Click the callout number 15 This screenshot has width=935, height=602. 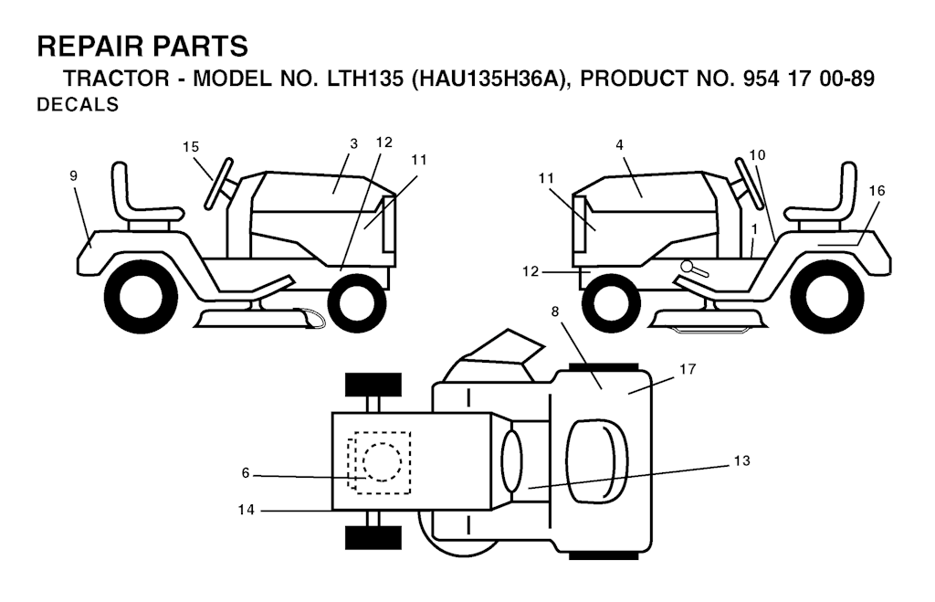click(191, 147)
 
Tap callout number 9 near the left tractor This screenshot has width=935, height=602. click(73, 175)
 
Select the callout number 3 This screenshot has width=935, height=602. click(353, 143)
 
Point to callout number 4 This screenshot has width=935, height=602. click(620, 145)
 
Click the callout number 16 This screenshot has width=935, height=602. click(877, 191)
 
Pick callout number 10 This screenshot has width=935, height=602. click(757, 155)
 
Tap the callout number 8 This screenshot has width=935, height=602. click(555, 312)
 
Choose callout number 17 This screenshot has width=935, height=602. click(688, 369)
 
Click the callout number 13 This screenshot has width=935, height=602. click(741, 460)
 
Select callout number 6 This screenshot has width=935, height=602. click(246, 473)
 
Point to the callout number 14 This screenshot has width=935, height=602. click(247, 510)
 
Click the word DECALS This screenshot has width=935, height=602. click(78, 104)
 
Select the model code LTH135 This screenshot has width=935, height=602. click(365, 79)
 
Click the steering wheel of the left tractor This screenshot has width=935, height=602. click(218, 184)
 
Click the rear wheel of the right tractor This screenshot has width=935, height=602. click(827, 301)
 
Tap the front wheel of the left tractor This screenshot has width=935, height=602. click(357, 302)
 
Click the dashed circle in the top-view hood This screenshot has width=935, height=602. click(383, 462)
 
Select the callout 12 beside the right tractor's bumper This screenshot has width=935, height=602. click(531, 271)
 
